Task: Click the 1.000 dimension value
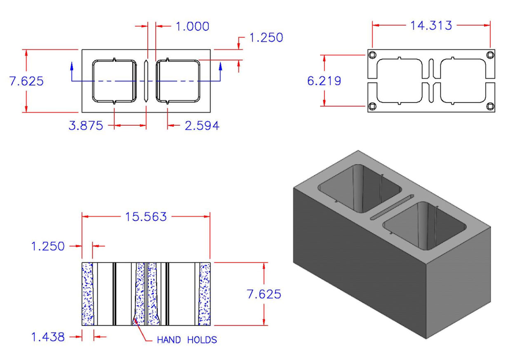click(x=192, y=26)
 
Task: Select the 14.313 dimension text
click(x=431, y=26)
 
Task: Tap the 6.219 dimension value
click(x=324, y=81)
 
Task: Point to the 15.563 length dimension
click(x=146, y=217)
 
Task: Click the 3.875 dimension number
click(x=86, y=126)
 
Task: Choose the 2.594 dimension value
click(x=202, y=126)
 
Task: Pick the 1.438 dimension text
click(x=48, y=337)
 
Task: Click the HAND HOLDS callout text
click(x=187, y=340)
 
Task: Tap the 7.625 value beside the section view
click(x=264, y=294)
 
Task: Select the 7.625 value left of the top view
click(x=26, y=81)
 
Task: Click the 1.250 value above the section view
click(x=48, y=246)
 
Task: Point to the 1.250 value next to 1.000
click(x=266, y=38)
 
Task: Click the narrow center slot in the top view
click(x=146, y=81)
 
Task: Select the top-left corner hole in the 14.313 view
click(x=372, y=55)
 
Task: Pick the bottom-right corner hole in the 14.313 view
click(x=489, y=106)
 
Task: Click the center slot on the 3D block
click(x=392, y=206)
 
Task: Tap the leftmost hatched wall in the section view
click(x=87, y=294)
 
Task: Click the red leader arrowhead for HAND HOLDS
click(x=134, y=321)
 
